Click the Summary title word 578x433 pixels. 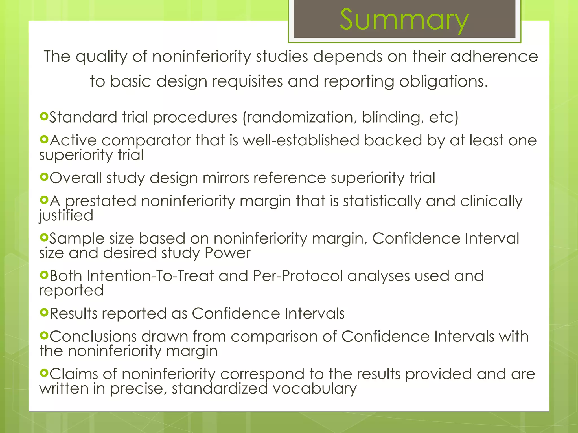tap(404, 20)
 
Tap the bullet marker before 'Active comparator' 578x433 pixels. tap(44, 139)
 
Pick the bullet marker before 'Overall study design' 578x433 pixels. tap(44, 177)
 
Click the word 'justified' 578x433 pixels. tap(66, 216)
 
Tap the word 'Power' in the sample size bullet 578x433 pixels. tap(227, 253)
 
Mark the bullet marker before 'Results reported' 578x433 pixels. tap(44, 312)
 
